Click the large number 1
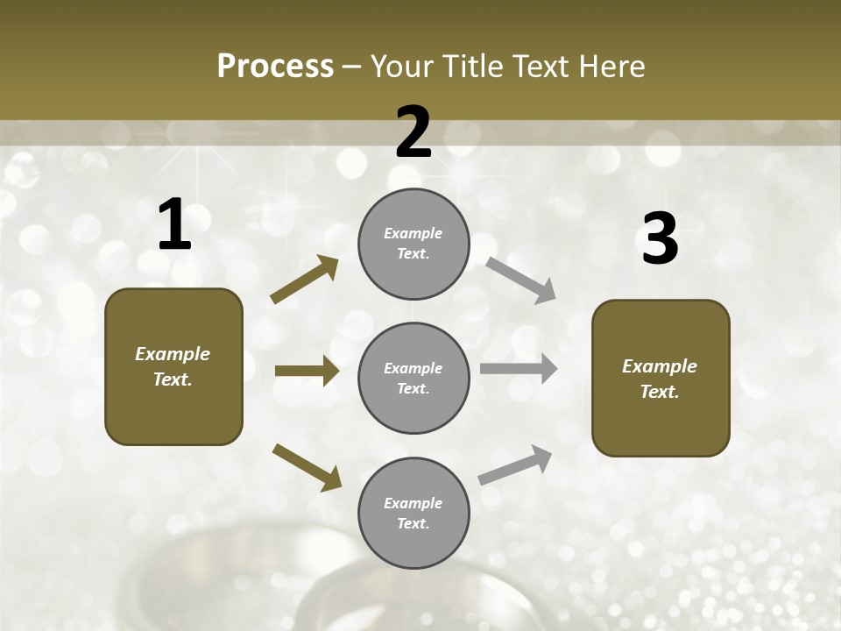pos(174,225)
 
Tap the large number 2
pos(413,131)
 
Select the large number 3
pos(660,238)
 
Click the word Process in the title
pos(275,66)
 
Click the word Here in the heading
pos(611,66)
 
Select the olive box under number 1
pos(173,366)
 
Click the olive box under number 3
pos(661,378)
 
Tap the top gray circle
pos(413,244)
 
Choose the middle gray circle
pos(413,378)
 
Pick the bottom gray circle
pos(413,513)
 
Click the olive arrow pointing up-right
pos(305,280)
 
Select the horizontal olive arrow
pos(307,371)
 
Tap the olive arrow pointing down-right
pos(307,466)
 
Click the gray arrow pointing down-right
pos(521,280)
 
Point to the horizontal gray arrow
pos(519,369)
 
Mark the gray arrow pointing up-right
pos(515,465)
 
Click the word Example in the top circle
pos(413,233)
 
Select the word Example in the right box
pos(660,366)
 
